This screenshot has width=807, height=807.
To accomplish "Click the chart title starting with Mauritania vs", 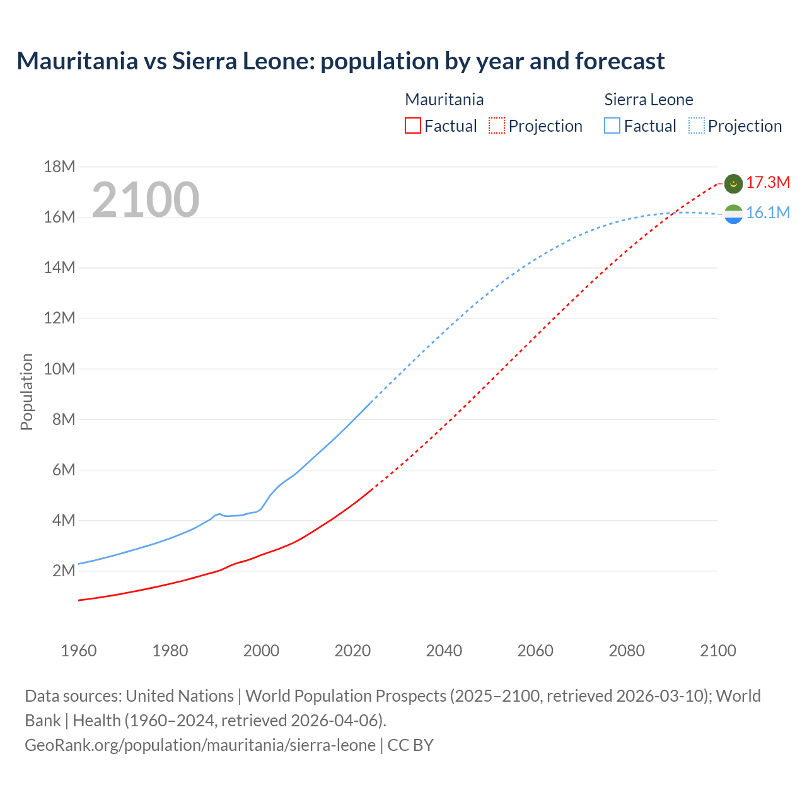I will (340, 61).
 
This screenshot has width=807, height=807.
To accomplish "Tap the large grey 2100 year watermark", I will (146, 200).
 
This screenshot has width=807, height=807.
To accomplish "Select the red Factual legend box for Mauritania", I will (412, 125).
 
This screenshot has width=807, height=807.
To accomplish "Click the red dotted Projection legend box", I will (497, 125).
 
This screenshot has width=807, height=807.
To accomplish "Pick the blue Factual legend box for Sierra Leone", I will (612, 125).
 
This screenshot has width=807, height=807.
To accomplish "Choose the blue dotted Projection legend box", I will (696, 125).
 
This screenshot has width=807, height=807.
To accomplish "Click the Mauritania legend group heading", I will (444, 100).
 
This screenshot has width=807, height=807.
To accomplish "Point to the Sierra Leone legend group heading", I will (648, 100).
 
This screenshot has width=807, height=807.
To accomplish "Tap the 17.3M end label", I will (767, 183).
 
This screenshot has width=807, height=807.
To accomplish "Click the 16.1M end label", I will (767, 213).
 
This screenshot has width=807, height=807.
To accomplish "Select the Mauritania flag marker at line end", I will (733, 183).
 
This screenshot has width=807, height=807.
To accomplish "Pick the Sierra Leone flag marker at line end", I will (733, 214).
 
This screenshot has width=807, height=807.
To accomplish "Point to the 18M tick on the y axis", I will (59, 166).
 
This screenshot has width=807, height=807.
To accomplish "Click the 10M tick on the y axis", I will (59, 369).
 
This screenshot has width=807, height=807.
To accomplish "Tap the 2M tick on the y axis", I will (63, 571).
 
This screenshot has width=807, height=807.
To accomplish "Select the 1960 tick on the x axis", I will (79, 651).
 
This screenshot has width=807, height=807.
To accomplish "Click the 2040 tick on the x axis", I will (444, 651).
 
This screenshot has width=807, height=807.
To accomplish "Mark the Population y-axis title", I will (26, 392).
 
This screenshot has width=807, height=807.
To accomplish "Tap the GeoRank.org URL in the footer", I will (200, 745).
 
